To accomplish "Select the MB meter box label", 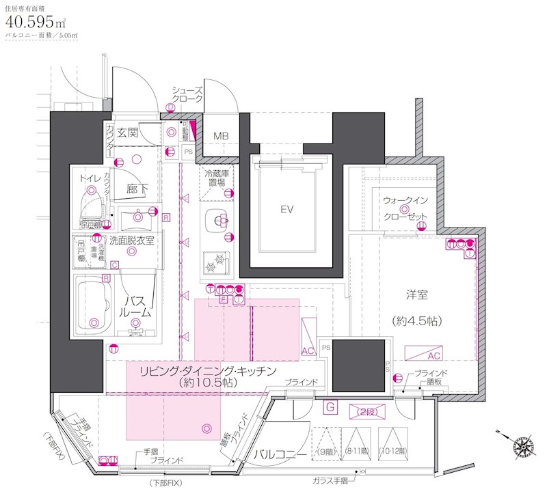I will click(221, 135).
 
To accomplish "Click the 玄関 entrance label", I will click(126, 132).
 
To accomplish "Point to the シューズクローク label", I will click(187, 94).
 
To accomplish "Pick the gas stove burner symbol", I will click(217, 260).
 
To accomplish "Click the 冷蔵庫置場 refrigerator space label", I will click(216, 179).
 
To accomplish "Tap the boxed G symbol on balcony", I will click(330, 407).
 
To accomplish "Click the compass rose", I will click(524, 445).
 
